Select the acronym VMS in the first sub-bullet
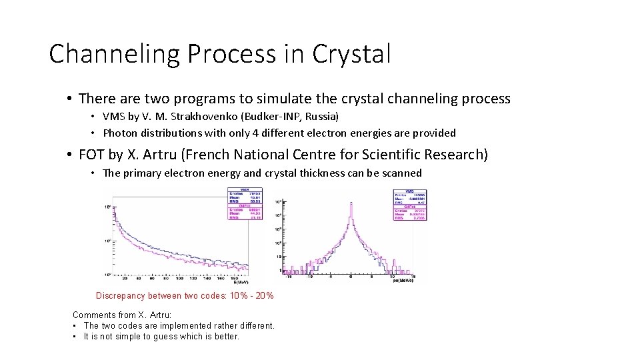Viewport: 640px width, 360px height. click(113, 117)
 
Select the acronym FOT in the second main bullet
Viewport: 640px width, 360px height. click(91, 155)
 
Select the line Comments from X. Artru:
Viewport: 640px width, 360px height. click(122, 315)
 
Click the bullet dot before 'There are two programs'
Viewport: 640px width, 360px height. click(69, 99)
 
